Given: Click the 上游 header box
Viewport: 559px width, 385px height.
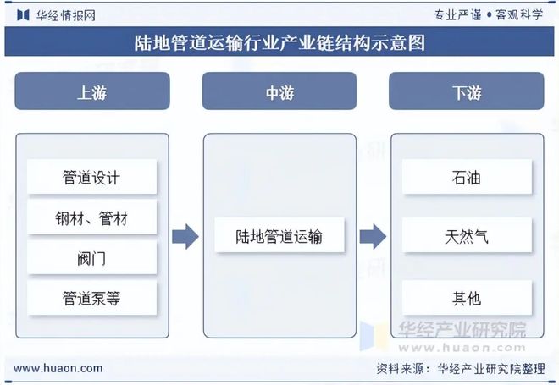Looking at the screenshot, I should pyautogui.click(x=91, y=91).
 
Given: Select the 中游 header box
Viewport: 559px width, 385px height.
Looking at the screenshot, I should pyautogui.click(x=279, y=91).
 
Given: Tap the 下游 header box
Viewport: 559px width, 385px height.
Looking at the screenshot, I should pyautogui.click(x=466, y=91).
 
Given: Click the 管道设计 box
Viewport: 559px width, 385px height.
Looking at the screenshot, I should pyautogui.click(x=91, y=178).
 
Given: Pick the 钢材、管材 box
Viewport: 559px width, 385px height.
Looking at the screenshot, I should pyautogui.click(x=91, y=218).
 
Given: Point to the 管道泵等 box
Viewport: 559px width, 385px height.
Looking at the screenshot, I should pyautogui.click(x=91, y=298).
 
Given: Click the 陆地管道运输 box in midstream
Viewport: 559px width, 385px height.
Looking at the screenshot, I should pyautogui.click(x=279, y=236).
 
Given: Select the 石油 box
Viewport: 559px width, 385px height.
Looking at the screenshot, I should pyautogui.click(x=466, y=178).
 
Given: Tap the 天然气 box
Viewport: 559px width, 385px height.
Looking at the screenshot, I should pyautogui.click(x=466, y=236).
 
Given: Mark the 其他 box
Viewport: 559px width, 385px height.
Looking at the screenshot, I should pyautogui.click(x=466, y=298).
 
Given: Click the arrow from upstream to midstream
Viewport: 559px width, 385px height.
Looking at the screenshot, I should pyautogui.click(x=185, y=237).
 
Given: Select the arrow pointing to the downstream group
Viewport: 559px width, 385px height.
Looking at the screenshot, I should pyautogui.click(x=373, y=237).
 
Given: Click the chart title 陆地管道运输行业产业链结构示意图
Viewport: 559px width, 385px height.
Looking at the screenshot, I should pyautogui.click(x=279, y=41).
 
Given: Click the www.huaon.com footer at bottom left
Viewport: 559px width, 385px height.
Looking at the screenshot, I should pyautogui.click(x=58, y=368).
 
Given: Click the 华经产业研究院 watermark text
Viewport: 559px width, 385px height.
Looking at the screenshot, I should pyautogui.click(x=462, y=330).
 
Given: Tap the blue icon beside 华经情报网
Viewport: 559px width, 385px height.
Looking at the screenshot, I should pyautogui.click(x=22, y=14).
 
